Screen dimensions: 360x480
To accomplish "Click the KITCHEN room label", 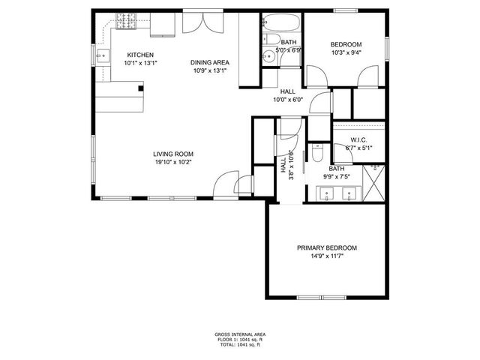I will click(140, 55).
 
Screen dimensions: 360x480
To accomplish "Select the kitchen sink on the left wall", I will click(106, 55).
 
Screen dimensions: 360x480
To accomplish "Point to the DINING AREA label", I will click(209, 63).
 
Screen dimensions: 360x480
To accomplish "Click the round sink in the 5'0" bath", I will click(268, 55).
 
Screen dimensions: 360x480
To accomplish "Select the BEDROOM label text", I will click(346, 44).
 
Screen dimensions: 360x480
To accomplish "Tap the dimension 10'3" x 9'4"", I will click(346, 52).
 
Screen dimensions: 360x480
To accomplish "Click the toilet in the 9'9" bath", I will click(317, 153).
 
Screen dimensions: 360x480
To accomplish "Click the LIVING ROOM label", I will click(173, 154).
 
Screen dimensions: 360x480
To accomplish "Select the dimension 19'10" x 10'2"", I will click(173, 163).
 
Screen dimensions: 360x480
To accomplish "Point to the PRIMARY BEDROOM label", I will click(326, 248).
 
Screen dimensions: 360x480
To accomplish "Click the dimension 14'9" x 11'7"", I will click(326, 256).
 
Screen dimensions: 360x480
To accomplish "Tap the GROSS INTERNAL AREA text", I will click(240, 334).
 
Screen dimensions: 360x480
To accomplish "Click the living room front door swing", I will click(225, 183).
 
